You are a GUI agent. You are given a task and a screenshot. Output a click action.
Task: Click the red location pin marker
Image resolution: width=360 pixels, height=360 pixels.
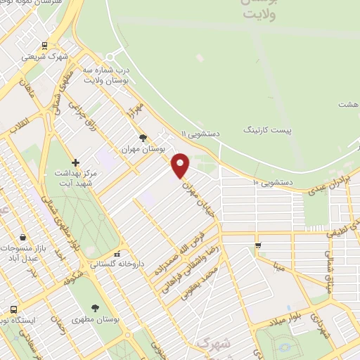pos(181,165)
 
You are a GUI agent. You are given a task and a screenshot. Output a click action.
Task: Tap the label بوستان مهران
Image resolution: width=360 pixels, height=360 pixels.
pos(143,149)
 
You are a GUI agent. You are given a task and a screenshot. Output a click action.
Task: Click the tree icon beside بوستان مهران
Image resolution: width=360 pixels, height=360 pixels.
pos(143,138)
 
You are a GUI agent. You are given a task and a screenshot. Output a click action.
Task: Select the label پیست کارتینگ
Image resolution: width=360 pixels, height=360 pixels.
pos(266,130)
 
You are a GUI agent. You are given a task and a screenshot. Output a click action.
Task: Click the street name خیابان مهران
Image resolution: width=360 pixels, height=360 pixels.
pos(198,200)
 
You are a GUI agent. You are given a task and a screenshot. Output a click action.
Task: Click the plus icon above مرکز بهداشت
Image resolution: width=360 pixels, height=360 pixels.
pos(75,162)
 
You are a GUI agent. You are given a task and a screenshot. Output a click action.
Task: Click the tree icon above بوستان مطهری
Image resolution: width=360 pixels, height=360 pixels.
pos(95,307)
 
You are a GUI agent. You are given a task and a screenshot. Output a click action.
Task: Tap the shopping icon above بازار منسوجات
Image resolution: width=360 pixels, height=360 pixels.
pos(24,236)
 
